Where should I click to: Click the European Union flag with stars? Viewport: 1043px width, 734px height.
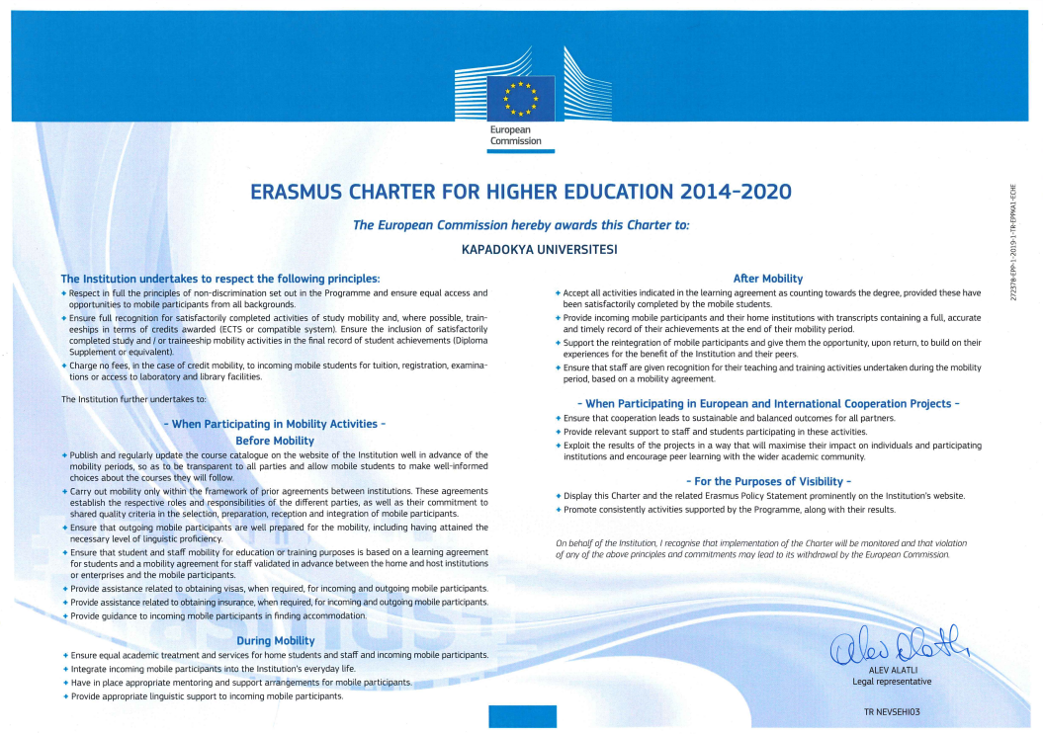[x=521, y=97]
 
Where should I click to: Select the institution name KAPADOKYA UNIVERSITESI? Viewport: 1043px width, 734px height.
[x=540, y=249]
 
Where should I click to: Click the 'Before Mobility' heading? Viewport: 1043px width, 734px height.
[x=275, y=441]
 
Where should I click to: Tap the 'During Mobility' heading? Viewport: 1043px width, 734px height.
[x=275, y=641]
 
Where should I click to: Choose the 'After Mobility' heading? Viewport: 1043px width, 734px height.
[x=767, y=279]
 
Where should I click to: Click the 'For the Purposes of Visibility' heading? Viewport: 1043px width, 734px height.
[x=767, y=481]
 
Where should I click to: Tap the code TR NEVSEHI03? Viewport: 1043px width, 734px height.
[x=892, y=711]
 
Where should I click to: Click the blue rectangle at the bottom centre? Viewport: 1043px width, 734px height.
[x=522, y=716]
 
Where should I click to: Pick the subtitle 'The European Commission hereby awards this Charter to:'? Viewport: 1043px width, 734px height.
[x=521, y=225]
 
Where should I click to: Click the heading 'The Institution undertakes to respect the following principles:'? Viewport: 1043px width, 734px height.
[x=220, y=279]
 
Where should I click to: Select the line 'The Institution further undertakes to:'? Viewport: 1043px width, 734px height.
[x=133, y=399]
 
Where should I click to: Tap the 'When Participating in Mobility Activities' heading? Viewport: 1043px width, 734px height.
[x=275, y=424]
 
